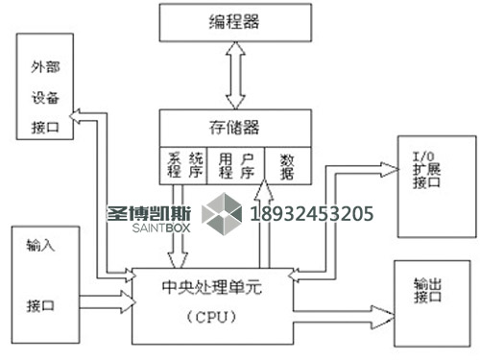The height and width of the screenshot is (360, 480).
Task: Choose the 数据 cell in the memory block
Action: (x=287, y=164)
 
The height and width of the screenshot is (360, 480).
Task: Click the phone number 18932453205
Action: (x=311, y=213)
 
